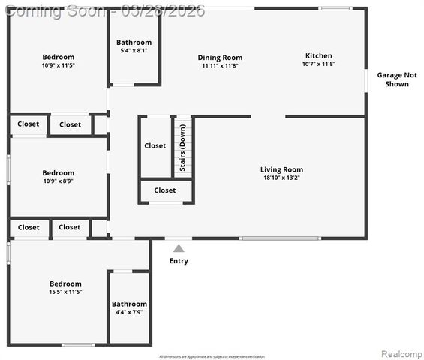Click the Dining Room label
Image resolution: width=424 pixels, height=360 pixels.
pyautogui.click(x=220, y=58)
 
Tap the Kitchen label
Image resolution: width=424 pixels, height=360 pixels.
pyautogui.click(x=318, y=55)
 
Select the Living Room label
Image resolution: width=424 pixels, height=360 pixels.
pyautogui.click(x=281, y=169)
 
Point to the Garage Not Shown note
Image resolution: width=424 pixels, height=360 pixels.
pyautogui.click(x=397, y=79)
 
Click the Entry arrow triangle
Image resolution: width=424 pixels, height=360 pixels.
pyautogui.click(x=178, y=247)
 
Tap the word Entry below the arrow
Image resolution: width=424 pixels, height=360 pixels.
pyautogui.click(x=179, y=261)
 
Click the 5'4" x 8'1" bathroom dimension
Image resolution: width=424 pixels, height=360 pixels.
pyautogui.click(x=134, y=51)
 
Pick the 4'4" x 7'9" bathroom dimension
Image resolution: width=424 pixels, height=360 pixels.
pyautogui.click(x=129, y=312)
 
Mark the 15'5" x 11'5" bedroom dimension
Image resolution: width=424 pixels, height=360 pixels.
pyautogui.click(x=65, y=292)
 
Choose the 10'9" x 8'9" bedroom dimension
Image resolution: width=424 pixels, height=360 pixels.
pyautogui.click(x=58, y=181)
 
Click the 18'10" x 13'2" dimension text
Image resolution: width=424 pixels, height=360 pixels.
pyautogui.click(x=281, y=178)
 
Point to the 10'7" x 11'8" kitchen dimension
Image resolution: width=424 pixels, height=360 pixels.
pyautogui.click(x=318, y=64)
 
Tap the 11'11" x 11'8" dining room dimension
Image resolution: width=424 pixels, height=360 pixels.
pyautogui.click(x=220, y=66)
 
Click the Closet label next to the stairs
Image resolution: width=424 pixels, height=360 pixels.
pyautogui.click(x=155, y=145)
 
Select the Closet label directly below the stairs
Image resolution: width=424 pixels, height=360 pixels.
pyautogui.click(x=165, y=190)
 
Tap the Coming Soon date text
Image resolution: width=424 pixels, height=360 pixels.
pyautogui.click(x=105, y=10)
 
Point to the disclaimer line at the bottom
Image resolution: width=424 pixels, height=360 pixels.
pyautogui.click(x=212, y=356)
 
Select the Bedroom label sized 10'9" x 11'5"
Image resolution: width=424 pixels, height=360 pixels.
pyautogui.click(x=58, y=57)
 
